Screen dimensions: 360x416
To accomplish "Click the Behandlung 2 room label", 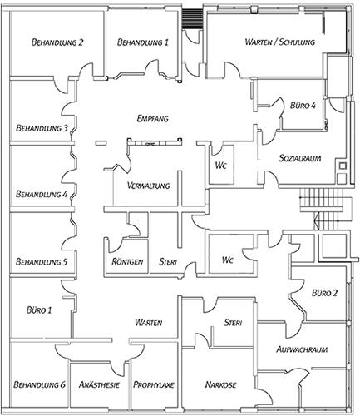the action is click(x=57, y=42).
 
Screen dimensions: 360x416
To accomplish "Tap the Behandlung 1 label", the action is click(x=143, y=42).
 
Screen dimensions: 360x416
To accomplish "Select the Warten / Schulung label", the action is click(x=280, y=42).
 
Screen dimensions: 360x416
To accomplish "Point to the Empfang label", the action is click(x=153, y=118).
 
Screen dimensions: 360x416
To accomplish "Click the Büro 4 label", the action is click(x=303, y=106).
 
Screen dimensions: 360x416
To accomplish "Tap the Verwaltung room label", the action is click(x=148, y=186).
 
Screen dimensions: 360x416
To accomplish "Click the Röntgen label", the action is click(x=127, y=261).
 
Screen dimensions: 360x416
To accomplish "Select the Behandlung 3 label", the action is click(x=42, y=128).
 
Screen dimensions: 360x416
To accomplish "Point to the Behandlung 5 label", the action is click(x=42, y=261).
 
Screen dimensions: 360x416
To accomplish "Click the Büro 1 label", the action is click(x=39, y=310).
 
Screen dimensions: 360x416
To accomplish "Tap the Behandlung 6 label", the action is click(x=40, y=384).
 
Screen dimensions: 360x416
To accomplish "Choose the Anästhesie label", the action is click(x=99, y=384).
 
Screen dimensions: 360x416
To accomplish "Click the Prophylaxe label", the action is click(x=154, y=384).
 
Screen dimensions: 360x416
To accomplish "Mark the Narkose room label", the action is click(x=221, y=384).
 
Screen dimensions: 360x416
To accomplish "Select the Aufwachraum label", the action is click(x=302, y=349).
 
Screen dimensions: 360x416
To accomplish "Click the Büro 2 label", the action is click(x=324, y=293).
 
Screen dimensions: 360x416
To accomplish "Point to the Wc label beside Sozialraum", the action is click(x=221, y=166).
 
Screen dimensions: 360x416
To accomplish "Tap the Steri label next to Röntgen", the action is click(x=168, y=261).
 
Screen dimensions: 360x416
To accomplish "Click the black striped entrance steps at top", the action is click(x=192, y=18).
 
